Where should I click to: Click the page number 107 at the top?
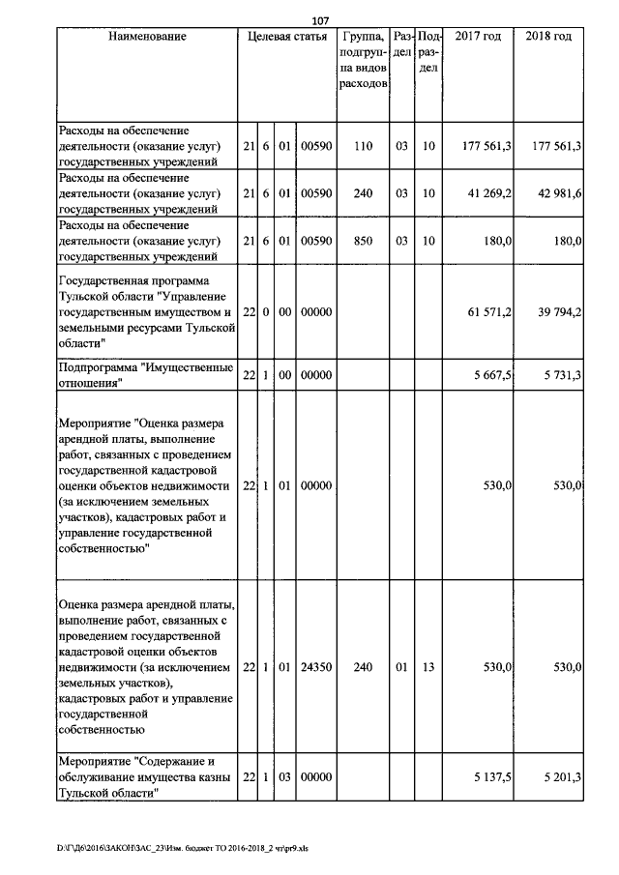[319, 20]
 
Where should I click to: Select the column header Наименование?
[147, 37]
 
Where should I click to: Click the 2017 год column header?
[478, 37]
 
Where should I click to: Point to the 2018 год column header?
[548, 37]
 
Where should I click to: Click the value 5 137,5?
[491, 778]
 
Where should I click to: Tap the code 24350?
[316, 667]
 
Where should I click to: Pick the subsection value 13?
[427, 667]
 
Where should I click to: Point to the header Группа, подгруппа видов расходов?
[364, 60]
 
